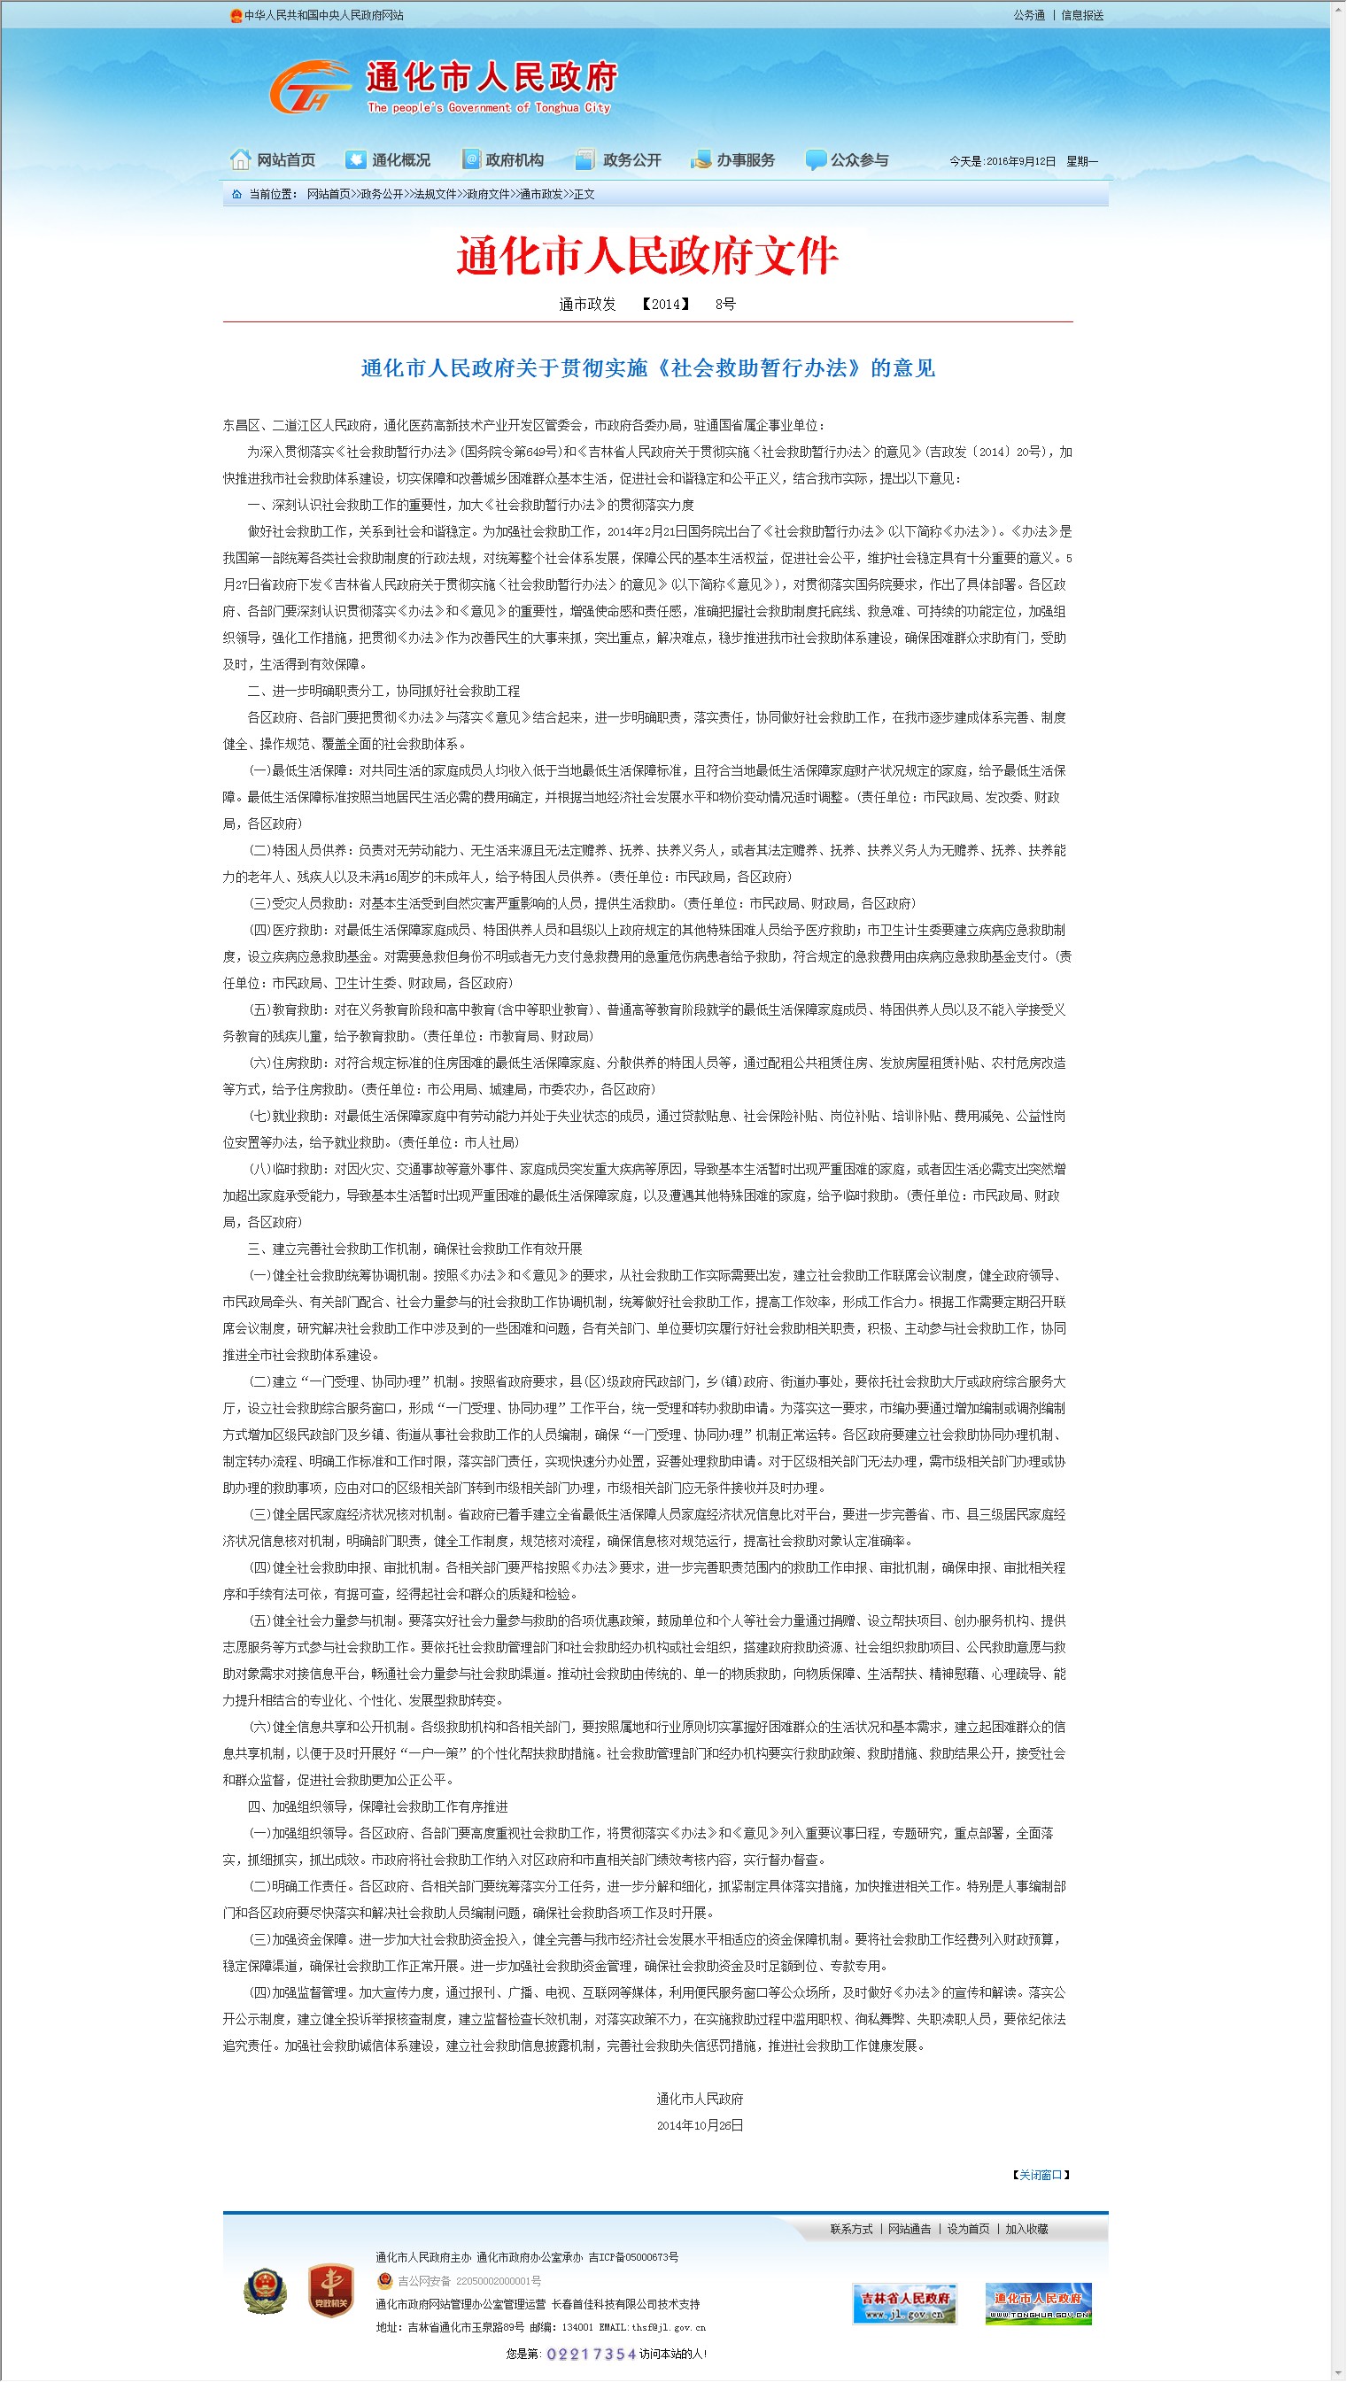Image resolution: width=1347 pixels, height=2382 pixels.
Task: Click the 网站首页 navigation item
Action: point(274,160)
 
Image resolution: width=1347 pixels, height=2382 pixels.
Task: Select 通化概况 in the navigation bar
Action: point(389,160)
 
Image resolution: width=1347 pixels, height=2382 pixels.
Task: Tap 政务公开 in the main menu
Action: point(619,160)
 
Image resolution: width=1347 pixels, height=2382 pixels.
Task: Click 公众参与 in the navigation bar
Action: point(848,160)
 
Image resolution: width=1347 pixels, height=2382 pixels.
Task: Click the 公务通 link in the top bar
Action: point(1029,16)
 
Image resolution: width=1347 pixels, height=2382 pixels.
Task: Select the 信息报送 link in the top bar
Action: point(1081,16)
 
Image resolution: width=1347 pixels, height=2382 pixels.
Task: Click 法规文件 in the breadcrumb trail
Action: point(435,194)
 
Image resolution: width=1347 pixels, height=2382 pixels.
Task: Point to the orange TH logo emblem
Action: point(308,87)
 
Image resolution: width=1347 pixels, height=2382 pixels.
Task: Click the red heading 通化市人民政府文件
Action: point(646,256)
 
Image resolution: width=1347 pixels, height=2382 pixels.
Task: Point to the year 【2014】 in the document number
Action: point(665,305)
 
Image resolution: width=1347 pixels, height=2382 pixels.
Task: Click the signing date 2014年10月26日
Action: point(700,2126)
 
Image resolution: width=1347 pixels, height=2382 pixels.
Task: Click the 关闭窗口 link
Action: point(1041,2175)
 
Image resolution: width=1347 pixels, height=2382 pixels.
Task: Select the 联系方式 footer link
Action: point(851,2230)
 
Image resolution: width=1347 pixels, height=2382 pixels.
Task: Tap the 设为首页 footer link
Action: point(968,2230)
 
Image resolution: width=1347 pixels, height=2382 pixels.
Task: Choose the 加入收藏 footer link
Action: point(1027,2230)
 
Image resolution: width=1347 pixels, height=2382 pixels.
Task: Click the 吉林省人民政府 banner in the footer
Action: point(905,2303)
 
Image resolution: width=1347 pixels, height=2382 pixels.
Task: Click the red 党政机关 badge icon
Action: point(330,2291)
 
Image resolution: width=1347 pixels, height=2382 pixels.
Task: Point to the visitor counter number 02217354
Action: point(592,2355)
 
